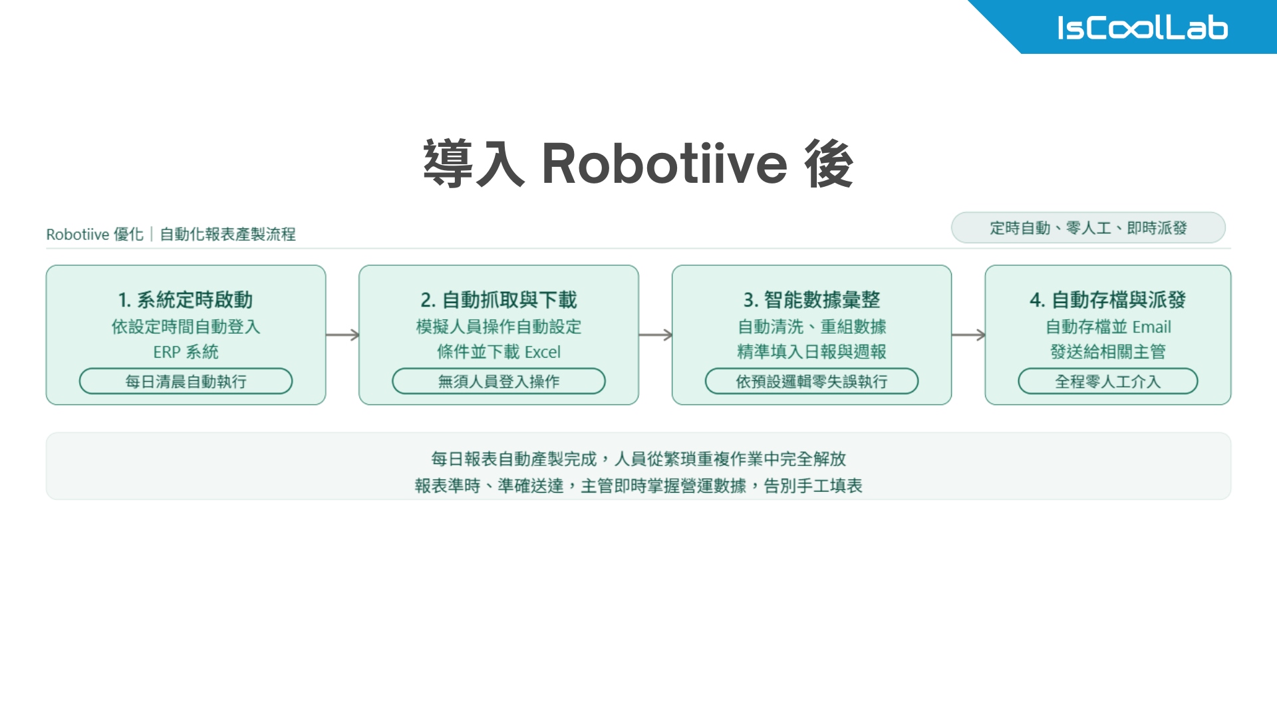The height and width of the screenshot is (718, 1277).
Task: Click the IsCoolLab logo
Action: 1142,28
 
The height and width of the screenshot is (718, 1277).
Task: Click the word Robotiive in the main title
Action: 664,164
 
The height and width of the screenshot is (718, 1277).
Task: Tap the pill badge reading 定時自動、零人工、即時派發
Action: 1088,228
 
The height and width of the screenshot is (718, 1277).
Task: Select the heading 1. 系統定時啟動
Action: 186,300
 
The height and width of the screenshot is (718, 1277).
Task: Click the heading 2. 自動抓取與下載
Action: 498,300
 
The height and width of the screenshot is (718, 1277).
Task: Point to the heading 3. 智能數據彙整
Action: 811,300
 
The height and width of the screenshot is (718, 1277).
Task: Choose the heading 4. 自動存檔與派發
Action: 1107,300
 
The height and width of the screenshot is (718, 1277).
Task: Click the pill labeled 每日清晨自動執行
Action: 186,381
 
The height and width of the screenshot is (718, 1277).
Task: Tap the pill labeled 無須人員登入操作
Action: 498,381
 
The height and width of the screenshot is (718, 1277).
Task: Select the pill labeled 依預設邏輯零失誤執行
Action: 811,381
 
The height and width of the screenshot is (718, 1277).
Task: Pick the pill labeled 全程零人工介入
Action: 1107,381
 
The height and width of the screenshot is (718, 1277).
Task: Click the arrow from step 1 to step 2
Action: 343,334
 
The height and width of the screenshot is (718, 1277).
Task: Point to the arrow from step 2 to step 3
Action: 655,334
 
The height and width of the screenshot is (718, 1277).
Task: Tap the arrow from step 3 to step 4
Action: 968,334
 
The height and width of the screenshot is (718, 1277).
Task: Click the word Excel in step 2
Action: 543,352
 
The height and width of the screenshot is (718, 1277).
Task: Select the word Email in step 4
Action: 1151,326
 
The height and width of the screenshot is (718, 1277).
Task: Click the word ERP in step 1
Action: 166,352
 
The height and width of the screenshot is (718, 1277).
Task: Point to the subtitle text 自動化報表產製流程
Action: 227,234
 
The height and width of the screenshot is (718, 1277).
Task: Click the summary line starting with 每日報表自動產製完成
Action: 638,459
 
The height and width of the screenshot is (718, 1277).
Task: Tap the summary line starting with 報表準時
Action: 638,486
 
